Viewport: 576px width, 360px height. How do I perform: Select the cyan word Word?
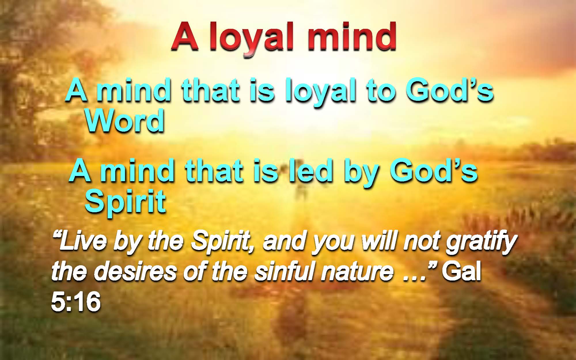[x=125, y=121]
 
